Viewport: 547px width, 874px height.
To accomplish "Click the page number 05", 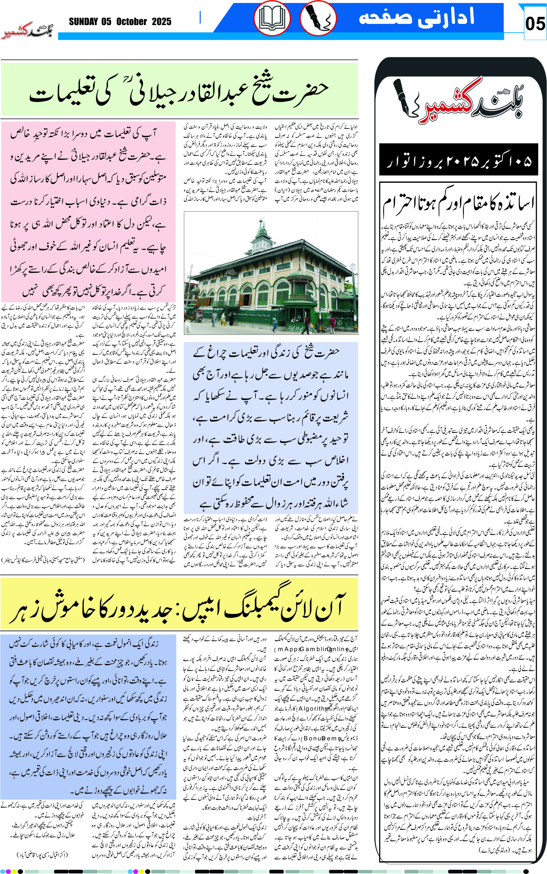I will point(535,24).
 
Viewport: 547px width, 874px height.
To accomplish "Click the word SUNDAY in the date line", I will point(83,22).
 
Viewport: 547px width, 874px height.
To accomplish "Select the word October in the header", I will point(131,22).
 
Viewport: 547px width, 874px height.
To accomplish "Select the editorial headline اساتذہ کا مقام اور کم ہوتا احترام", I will point(458,204).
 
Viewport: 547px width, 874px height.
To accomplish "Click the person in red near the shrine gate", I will point(332,322).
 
